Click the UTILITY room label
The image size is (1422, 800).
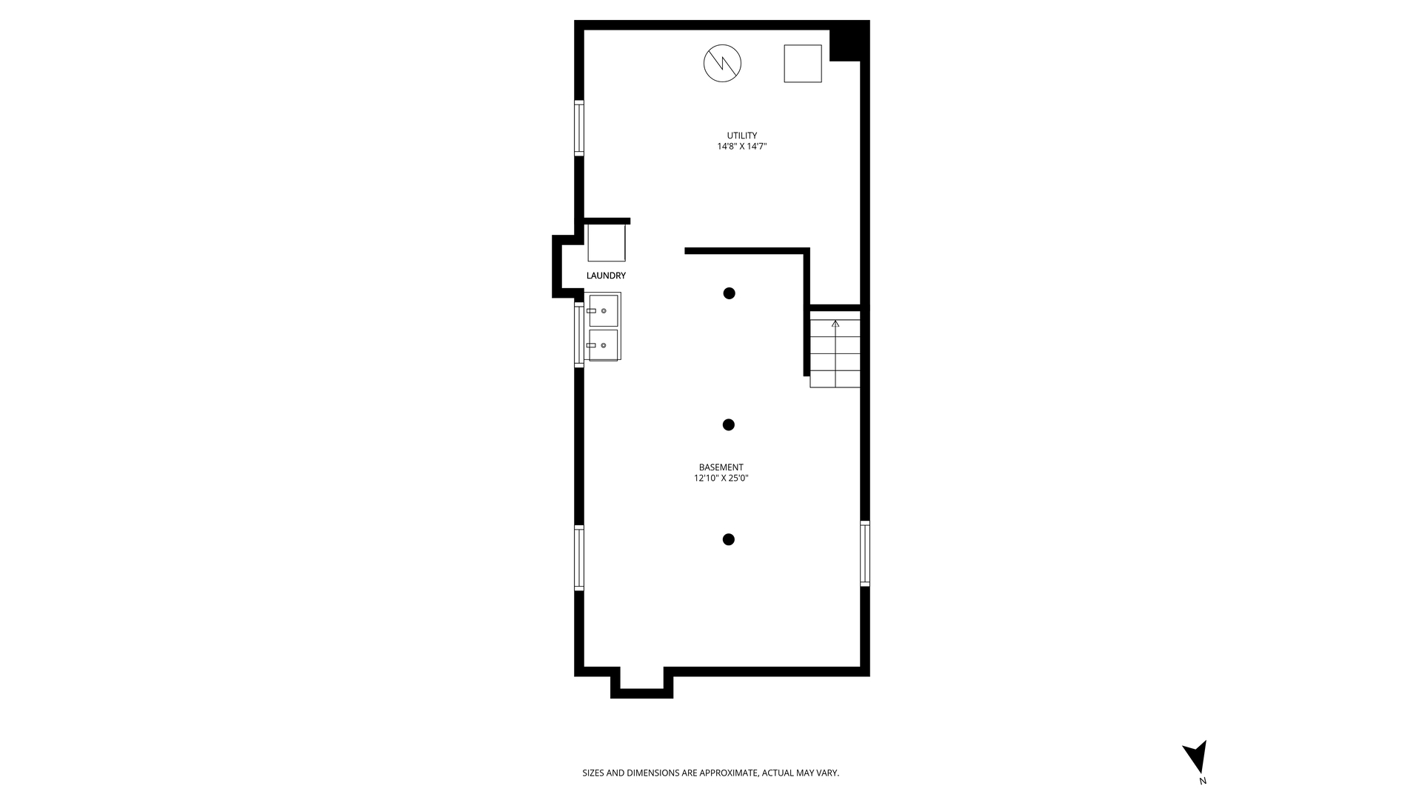741,136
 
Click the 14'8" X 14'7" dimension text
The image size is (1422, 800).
741,147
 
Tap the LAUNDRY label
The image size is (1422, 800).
606,276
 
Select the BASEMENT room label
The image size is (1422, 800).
721,467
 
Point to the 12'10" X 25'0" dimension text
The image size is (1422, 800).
721,479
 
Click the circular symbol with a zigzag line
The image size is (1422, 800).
722,63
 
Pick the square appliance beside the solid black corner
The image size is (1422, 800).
803,63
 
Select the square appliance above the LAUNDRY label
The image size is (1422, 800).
607,243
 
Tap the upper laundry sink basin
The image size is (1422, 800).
604,310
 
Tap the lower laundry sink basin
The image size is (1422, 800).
604,344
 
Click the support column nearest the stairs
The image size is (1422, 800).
729,293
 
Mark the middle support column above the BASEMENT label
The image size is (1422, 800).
728,424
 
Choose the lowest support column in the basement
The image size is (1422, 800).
728,539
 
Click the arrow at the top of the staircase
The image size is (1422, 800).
835,323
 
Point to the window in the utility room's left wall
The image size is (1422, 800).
579,128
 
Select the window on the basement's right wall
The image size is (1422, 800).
864,553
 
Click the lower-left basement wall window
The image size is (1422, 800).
579,558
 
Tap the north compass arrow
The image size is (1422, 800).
1196,757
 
